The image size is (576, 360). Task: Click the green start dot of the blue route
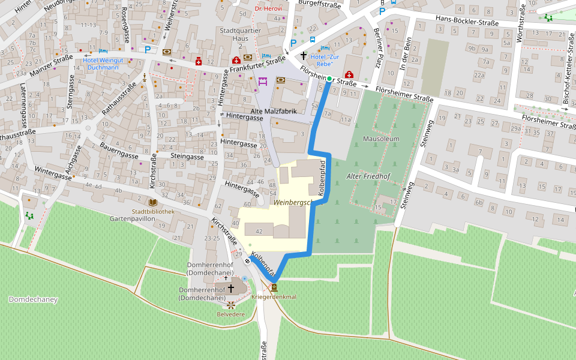[329, 79]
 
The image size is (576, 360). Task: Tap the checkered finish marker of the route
[247, 261]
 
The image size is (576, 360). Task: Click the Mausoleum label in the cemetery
[381, 139]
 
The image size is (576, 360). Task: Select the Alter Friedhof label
[368, 176]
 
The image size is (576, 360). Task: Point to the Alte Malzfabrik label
[274, 112]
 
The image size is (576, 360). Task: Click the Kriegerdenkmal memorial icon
[274, 287]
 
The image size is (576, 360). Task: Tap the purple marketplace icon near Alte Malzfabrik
[263, 81]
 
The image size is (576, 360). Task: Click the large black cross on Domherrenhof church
[230, 289]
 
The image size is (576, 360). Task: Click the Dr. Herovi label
[268, 8]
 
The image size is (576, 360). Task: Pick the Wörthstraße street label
[520, 27]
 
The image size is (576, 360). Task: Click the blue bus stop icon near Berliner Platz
[313, 40]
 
